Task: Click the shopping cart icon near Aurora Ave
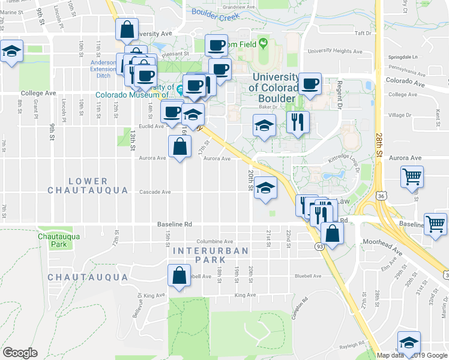412,176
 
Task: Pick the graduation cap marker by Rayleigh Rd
409,343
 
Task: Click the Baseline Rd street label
174,224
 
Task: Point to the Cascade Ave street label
155,192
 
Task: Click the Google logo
19,352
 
